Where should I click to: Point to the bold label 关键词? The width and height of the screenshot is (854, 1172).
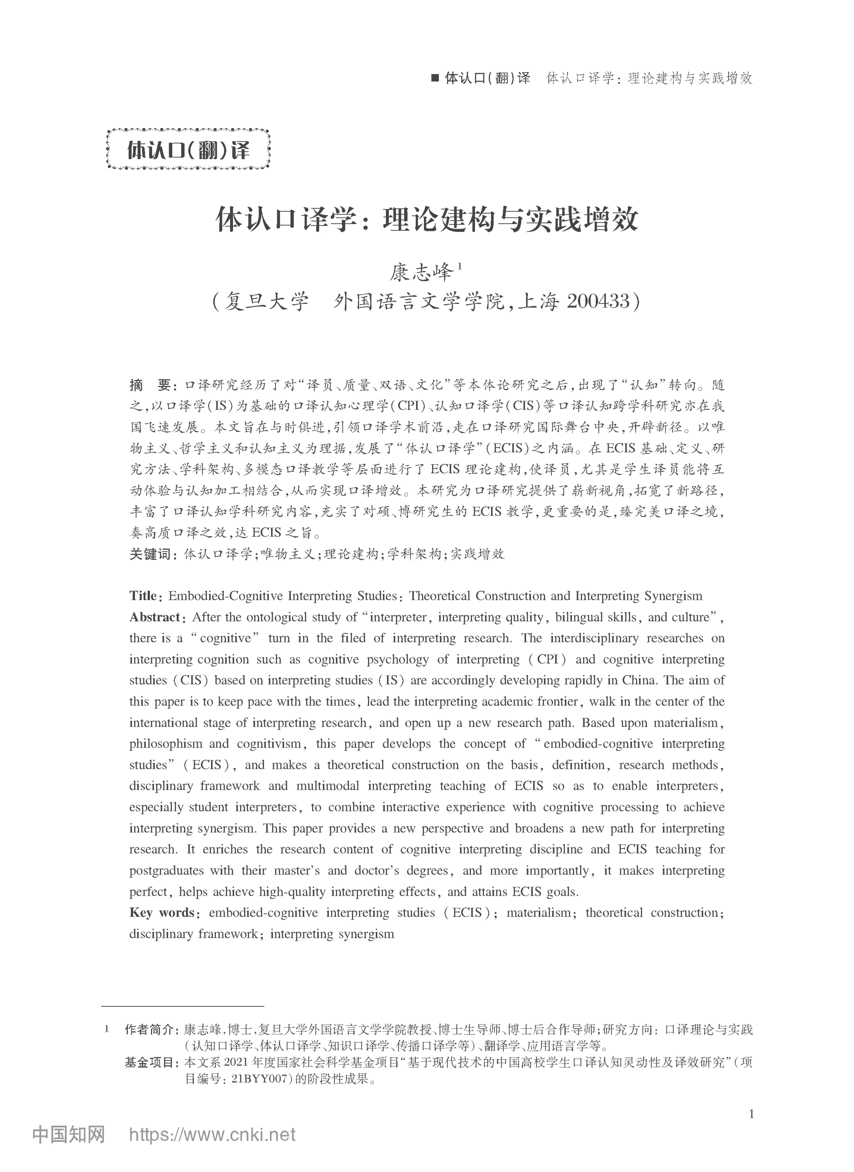[150, 554]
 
